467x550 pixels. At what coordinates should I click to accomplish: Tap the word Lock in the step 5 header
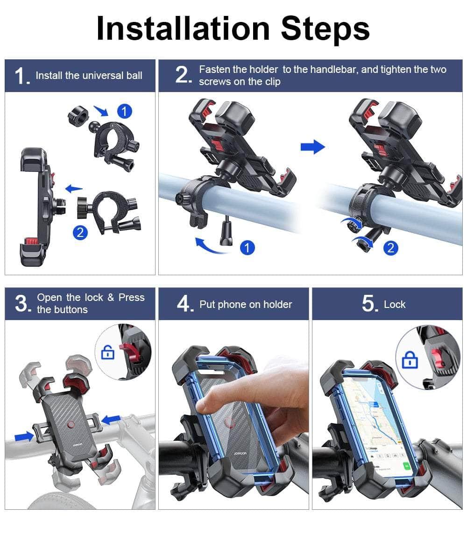(395, 305)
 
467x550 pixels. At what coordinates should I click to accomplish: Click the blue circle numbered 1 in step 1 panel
(124, 111)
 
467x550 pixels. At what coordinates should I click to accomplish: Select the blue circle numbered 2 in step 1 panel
(81, 232)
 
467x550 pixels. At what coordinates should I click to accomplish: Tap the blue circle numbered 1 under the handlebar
(247, 248)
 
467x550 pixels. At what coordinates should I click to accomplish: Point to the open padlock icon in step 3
(108, 352)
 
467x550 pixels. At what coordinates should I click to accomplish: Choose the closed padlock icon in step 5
(410, 360)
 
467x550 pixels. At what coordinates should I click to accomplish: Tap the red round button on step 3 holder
(71, 425)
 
